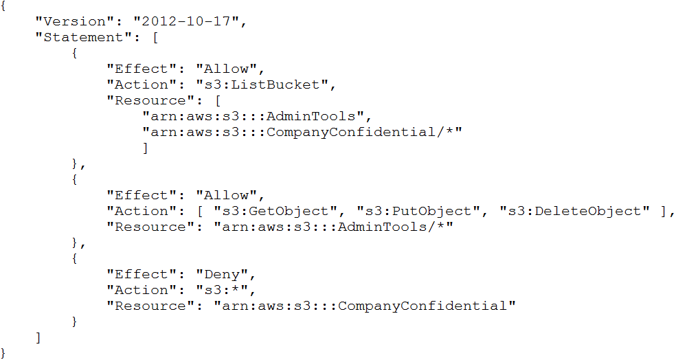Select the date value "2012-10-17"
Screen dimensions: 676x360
(186, 21)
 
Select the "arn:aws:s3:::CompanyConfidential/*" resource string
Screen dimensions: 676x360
(302, 132)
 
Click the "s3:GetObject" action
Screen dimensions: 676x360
(275, 211)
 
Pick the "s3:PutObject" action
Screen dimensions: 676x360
(418, 211)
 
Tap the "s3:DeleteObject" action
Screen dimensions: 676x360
(574, 211)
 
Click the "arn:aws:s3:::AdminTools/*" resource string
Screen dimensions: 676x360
(333, 227)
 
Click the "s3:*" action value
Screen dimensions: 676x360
(222, 290)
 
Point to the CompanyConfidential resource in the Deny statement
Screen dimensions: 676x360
(365, 306)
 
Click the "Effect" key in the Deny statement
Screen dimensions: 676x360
(142, 274)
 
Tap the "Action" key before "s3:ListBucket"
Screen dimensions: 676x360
(142, 85)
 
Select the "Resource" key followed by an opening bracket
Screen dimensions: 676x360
(151, 100)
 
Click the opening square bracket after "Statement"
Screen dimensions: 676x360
(155, 38)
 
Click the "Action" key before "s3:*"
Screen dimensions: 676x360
(142, 290)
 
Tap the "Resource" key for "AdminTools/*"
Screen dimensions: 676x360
(151, 227)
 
